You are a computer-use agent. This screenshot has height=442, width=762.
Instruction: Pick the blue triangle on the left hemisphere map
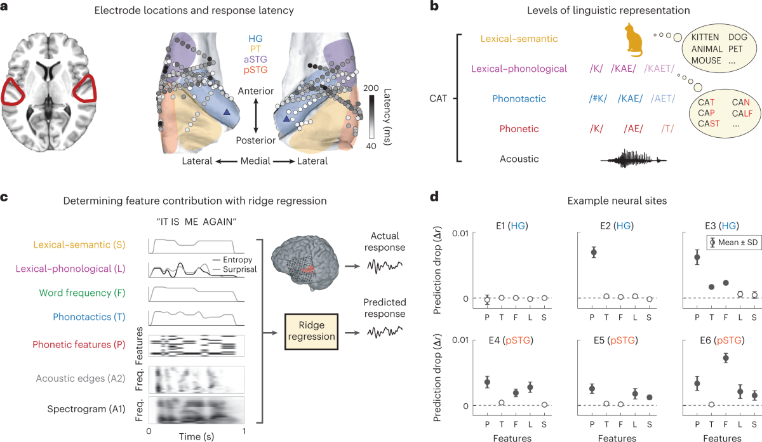(227, 112)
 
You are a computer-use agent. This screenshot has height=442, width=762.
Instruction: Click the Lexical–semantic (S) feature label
(70, 244)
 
